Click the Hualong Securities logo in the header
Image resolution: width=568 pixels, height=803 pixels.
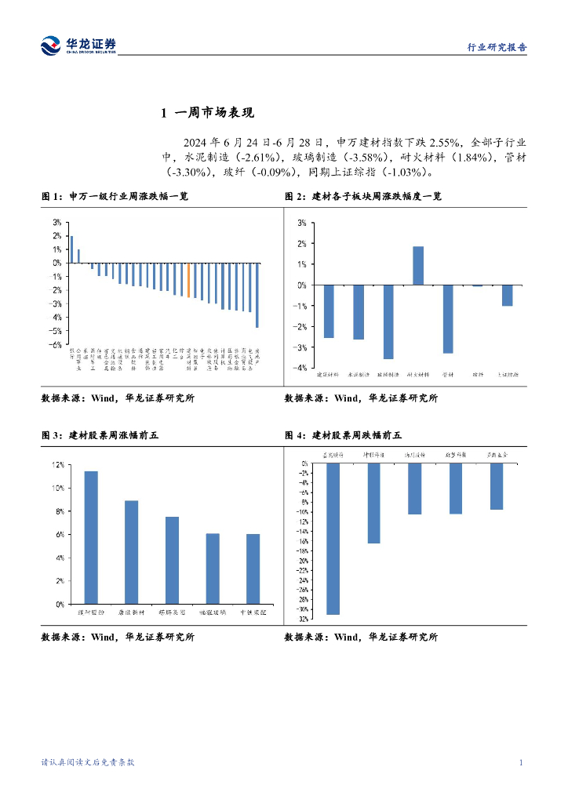(x=78, y=45)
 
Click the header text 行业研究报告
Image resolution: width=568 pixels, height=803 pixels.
(x=497, y=47)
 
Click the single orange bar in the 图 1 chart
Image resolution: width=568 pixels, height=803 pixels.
(x=188, y=280)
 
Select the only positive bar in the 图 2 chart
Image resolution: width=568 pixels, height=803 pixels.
(x=418, y=266)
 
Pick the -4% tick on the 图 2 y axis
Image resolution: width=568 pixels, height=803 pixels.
(x=301, y=368)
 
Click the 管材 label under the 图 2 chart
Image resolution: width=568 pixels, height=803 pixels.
(x=448, y=376)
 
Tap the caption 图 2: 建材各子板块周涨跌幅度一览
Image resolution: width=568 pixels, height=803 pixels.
(x=363, y=197)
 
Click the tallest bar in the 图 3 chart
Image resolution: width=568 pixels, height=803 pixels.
(x=91, y=537)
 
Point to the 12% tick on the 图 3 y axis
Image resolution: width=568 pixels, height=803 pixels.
(x=58, y=465)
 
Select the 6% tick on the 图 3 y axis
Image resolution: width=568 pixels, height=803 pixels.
(x=60, y=535)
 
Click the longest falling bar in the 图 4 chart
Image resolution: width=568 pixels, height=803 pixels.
(x=333, y=538)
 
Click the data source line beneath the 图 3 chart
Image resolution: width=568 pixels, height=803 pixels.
(x=118, y=638)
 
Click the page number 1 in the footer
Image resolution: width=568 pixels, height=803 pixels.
(x=521, y=762)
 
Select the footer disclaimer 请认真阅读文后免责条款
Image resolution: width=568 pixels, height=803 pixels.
(x=88, y=762)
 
